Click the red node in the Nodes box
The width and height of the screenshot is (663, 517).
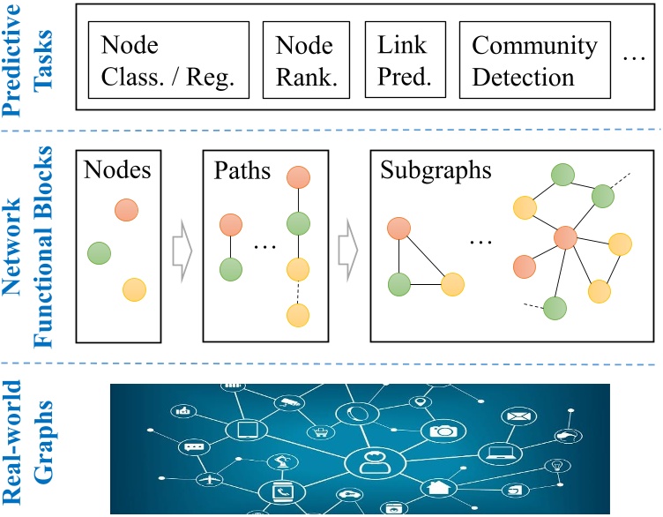(126, 210)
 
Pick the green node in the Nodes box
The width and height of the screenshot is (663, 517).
(99, 253)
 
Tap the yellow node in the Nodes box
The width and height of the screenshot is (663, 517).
(135, 289)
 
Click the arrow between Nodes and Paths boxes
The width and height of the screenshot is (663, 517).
(183, 251)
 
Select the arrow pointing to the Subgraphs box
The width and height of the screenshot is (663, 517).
(348, 250)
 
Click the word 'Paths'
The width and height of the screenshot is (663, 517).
(242, 170)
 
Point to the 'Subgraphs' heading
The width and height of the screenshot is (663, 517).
(436, 170)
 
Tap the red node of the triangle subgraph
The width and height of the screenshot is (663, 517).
(399, 229)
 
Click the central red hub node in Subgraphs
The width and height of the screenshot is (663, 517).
(566, 237)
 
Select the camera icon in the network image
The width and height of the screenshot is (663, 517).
(443, 431)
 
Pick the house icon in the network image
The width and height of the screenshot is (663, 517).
(437, 487)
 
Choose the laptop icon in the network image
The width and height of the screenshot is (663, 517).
(499, 453)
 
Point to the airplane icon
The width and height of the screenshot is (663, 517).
(209, 480)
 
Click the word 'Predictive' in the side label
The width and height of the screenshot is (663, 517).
(11, 60)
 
